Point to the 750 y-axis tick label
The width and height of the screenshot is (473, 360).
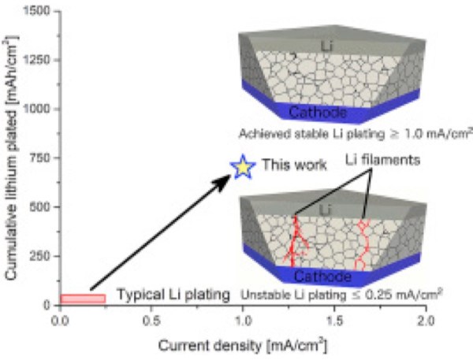coord(42,158)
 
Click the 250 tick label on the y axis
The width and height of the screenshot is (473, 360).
coord(42,257)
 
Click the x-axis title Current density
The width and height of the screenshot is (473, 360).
coord(242,344)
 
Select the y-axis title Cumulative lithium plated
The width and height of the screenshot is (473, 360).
coord(12,158)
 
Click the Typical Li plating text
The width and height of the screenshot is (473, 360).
coord(173,295)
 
